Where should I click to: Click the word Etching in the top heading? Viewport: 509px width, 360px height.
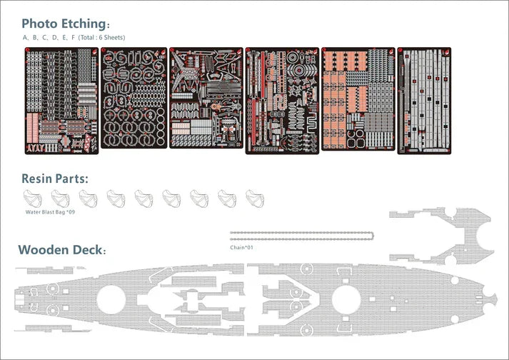(86, 24)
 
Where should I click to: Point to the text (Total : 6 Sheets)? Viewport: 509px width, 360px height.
(101, 37)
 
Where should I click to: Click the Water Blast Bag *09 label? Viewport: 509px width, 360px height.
(50, 212)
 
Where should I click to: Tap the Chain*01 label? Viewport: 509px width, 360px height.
(241, 248)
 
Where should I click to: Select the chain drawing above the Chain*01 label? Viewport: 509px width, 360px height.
(301, 236)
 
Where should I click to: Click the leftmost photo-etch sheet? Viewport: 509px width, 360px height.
(61, 101)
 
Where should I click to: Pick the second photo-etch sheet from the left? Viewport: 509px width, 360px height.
(133, 98)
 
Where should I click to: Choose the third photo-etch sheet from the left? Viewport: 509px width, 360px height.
(206, 98)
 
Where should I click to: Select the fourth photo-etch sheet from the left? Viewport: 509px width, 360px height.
(282, 101)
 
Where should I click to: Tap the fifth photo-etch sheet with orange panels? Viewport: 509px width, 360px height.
(358, 99)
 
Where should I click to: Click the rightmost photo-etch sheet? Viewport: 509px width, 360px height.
(424, 101)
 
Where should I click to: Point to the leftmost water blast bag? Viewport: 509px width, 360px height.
(32, 199)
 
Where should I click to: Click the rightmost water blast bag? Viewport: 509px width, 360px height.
(255, 199)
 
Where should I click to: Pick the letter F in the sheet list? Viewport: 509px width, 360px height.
(73, 38)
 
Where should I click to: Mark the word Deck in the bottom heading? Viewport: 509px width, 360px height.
(89, 249)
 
